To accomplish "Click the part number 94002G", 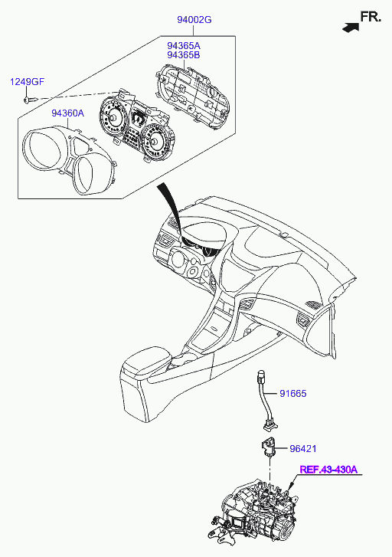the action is pyautogui.click(x=194, y=20).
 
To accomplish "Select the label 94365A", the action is pyautogui.click(x=184, y=46).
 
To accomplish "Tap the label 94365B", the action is pyautogui.click(x=184, y=55).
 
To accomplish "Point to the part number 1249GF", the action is pyautogui.click(x=27, y=82).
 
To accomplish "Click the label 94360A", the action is pyautogui.click(x=68, y=113).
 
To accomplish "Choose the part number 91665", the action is pyautogui.click(x=293, y=394).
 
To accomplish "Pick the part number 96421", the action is pyautogui.click(x=303, y=449).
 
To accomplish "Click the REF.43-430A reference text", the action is pyautogui.click(x=328, y=470).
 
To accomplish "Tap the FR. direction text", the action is pyautogui.click(x=371, y=17).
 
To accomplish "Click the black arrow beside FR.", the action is pyautogui.click(x=351, y=28).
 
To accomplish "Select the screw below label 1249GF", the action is pyautogui.click(x=30, y=100).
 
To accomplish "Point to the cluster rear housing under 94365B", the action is pyautogui.click(x=193, y=96).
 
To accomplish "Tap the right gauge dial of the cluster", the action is pyautogui.click(x=155, y=142).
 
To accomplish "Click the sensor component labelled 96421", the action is pyautogui.click(x=269, y=447).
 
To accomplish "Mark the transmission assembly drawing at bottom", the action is pyautogui.click(x=255, y=517).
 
